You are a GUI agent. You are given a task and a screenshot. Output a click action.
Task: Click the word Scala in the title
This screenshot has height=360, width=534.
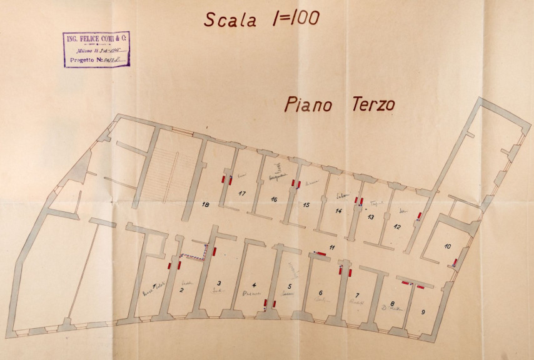(x=230, y=19)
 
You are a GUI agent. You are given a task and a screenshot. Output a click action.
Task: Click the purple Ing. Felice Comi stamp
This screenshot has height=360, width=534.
(x=96, y=49)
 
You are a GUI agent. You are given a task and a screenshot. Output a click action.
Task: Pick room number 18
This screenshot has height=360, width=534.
(x=205, y=204)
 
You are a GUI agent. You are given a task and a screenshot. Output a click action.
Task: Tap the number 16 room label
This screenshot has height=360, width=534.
(x=274, y=199)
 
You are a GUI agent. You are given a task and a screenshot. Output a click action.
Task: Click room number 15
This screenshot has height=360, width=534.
(x=306, y=204)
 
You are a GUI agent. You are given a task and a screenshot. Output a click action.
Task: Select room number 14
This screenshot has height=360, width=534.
(x=338, y=211)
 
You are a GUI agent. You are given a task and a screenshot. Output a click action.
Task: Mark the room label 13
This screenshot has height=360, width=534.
(x=370, y=217)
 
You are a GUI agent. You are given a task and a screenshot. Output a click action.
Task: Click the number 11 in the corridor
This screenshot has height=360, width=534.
(x=332, y=248)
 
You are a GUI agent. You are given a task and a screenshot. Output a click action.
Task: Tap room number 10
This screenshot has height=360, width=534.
(x=447, y=246)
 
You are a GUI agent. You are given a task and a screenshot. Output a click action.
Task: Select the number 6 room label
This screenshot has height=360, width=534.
(x=320, y=292)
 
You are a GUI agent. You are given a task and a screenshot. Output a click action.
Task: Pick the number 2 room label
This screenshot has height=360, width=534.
(x=181, y=289)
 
